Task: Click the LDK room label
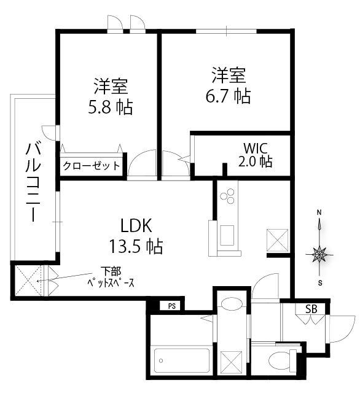point(136,225)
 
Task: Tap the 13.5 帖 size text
point(136,246)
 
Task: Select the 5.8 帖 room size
point(111,107)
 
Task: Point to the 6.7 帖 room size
point(228,96)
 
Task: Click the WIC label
point(256,148)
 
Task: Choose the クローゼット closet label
point(91,166)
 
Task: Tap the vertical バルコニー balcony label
point(33,182)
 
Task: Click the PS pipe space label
point(172,306)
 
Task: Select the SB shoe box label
point(311,309)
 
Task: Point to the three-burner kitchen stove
point(227,196)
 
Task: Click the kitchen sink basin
point(227,235)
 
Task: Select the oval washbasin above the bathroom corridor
point(231,303)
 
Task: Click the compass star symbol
point(319,254)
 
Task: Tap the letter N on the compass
point(319,212)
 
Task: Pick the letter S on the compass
point(320,283)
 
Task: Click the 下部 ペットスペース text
point(111,277)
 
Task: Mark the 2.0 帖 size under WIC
point(256,161)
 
